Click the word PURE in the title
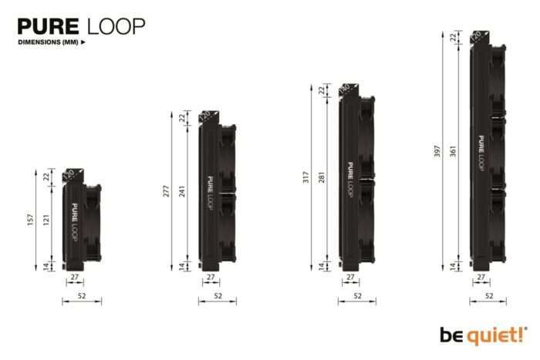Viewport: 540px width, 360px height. [x=50, y=26]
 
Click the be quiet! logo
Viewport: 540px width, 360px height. [x=483, y=335]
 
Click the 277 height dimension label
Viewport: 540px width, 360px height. [x=165, y=191]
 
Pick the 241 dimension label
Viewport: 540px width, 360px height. [x=183, y=191]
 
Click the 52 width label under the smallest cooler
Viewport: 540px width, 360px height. [x=82, y=296]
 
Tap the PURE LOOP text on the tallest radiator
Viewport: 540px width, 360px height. [x=481, y=153]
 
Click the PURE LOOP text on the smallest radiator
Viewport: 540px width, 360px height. [x=74, y=222]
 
